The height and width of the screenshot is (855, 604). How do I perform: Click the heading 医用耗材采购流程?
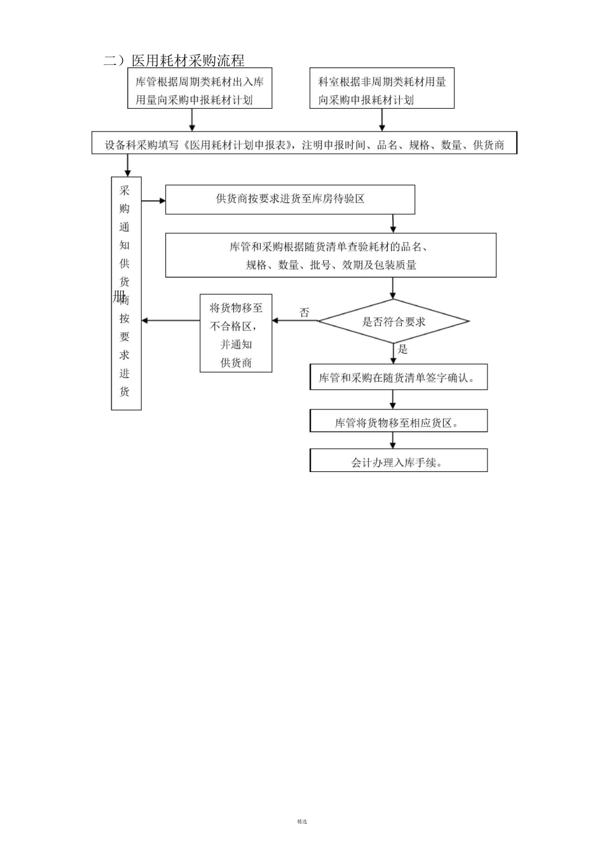click(188, 60)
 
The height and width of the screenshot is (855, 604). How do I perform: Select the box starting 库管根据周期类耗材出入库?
click(200, 89)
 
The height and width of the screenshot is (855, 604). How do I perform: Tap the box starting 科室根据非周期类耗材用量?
click(382, 89)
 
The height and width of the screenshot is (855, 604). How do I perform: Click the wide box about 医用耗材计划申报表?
click(304, 144)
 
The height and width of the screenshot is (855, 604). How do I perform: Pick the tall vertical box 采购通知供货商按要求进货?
click(126, 293)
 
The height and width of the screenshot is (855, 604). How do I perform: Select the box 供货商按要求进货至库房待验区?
click(290, 199)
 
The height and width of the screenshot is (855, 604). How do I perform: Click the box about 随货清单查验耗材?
click(331, 255)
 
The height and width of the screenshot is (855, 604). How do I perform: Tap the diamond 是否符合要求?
click(394, 321)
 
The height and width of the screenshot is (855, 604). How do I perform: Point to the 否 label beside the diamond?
click(305, 312)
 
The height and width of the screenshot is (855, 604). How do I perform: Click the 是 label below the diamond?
click(402, 349)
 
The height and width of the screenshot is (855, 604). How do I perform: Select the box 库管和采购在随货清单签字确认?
click(399, 377)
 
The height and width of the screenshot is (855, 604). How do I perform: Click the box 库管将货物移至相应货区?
click(399, 422)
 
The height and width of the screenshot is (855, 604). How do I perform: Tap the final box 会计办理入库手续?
click(399, 461)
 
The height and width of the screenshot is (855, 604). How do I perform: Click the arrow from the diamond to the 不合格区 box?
click(295, 321)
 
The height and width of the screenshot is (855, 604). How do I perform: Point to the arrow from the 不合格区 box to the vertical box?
click(170, 321)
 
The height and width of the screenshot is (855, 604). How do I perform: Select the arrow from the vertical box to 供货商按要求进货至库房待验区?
click(153, 201)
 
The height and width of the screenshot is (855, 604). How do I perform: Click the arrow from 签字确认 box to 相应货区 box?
click(393, 400)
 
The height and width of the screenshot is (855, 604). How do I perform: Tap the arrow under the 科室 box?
click(382, 120)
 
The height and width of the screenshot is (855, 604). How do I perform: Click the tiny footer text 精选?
click(302, 821)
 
